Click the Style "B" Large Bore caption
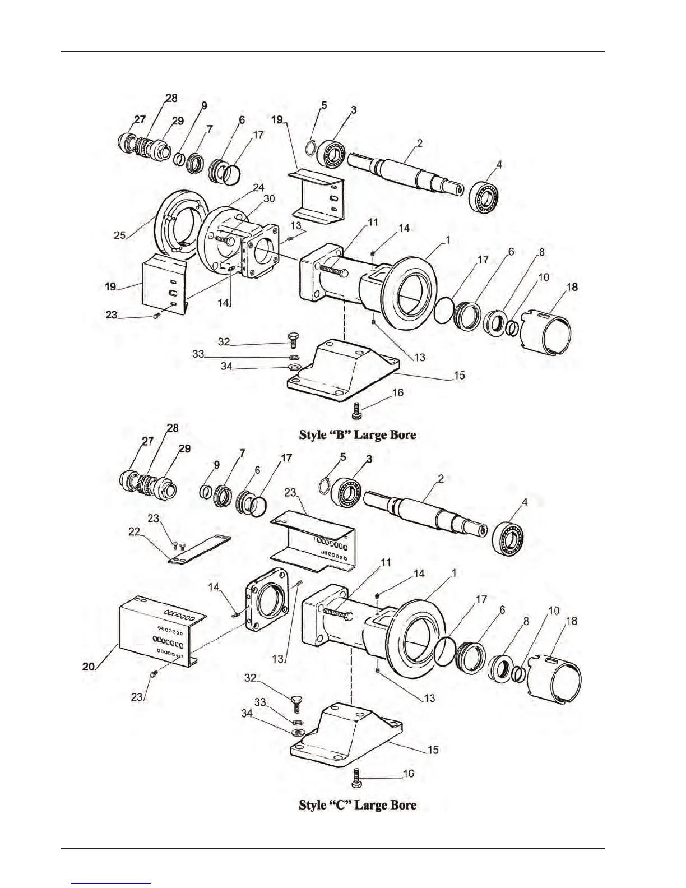pyautogui.click(x=358, y=434)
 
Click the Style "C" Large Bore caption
pyautogui.click(x=358, y=805)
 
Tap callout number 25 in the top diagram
pyautogui.click(x=119, y=235)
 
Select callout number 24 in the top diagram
pyautogui.click(x=258, y=187)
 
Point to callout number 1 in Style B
pyautogui.click(x=447, y=240)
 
